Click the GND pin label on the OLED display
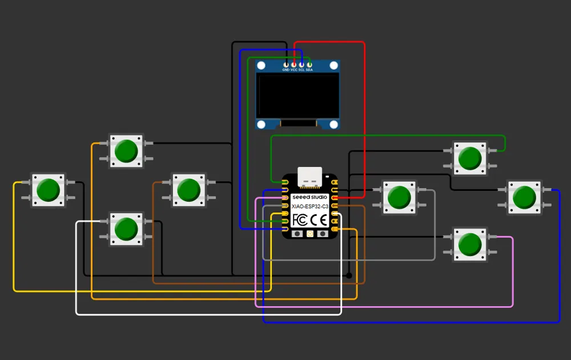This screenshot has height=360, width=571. pyautogui.click(x=286, y=70)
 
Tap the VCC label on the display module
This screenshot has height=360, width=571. pyautogui.click(x=294, y=70)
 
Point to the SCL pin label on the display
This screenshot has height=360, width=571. pyautogui.click(x=301, y=70)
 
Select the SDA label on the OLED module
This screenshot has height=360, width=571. pyautogui.click(x=309, y=70)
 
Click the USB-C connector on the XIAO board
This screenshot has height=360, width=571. pyautogui.click(x=310, y=177)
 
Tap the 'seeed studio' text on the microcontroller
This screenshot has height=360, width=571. pyautogui.click(x=310, y=197)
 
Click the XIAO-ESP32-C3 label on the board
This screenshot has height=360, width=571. pyautogui.click(x=310, y=206)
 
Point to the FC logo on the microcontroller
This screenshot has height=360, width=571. pyautogui.click(x=300, y=220)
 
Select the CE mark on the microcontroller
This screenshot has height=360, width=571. pyautogui.click(x=319, y=220)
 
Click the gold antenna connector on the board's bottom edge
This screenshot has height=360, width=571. pyautogui.click(x=310, y=234)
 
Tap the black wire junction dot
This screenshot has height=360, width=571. pyautogui.click(x=349, y=275)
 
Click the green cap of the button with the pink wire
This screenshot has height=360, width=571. pyautogui.click(x=470, y=245)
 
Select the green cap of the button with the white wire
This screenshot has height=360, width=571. pyautogui.click(x=126, y=229)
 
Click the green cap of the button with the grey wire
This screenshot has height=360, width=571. pyautogui.click(x=400, y=198)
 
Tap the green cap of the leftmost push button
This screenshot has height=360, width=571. pyautogui.click(x=49, y=190)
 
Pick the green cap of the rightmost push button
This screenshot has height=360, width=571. pyautogui.click(x=524, y=197)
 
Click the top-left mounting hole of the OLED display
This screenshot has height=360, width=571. pyautogui.click(x=261, y=66)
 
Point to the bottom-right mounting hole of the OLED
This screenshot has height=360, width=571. pyautogui.click(x=333, y=125)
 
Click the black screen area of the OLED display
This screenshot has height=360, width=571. pyautogui.click(x=297, y=95)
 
